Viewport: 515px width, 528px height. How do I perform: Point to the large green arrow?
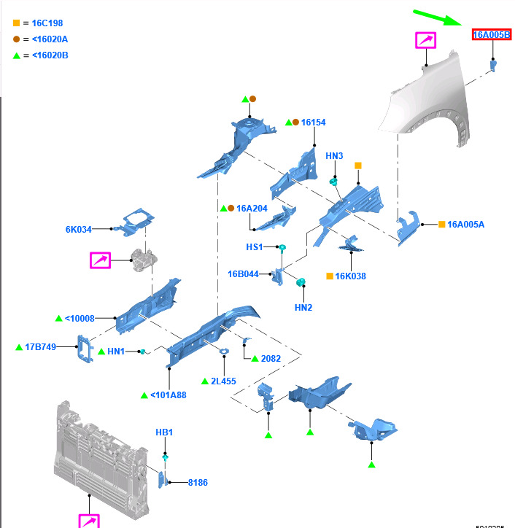point(438,18)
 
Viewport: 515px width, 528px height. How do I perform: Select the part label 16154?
point(313,123)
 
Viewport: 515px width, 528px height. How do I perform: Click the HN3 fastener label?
point(334,156)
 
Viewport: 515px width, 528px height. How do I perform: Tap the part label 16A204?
point(252,208)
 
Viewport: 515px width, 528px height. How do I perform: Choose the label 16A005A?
point(465,225)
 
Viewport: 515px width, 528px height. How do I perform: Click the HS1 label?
point(254,247)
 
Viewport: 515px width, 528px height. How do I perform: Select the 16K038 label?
point(351,276)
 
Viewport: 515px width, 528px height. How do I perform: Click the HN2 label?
point(303,308)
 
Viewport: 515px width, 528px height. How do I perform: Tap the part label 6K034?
point(79,230)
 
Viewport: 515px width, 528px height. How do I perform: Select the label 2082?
point(271,359)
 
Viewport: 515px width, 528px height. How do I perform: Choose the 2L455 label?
point(224,381)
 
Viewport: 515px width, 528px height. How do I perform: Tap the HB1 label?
point(165,432)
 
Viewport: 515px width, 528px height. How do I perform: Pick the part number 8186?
point(198,483)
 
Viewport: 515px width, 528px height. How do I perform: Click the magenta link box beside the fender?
point(425,40)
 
